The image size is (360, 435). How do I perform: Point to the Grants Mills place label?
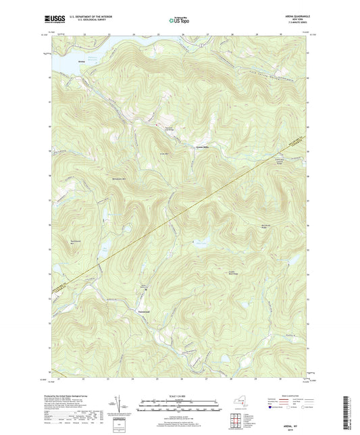pos(202,147)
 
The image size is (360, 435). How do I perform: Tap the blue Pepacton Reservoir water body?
pos(64,64)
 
